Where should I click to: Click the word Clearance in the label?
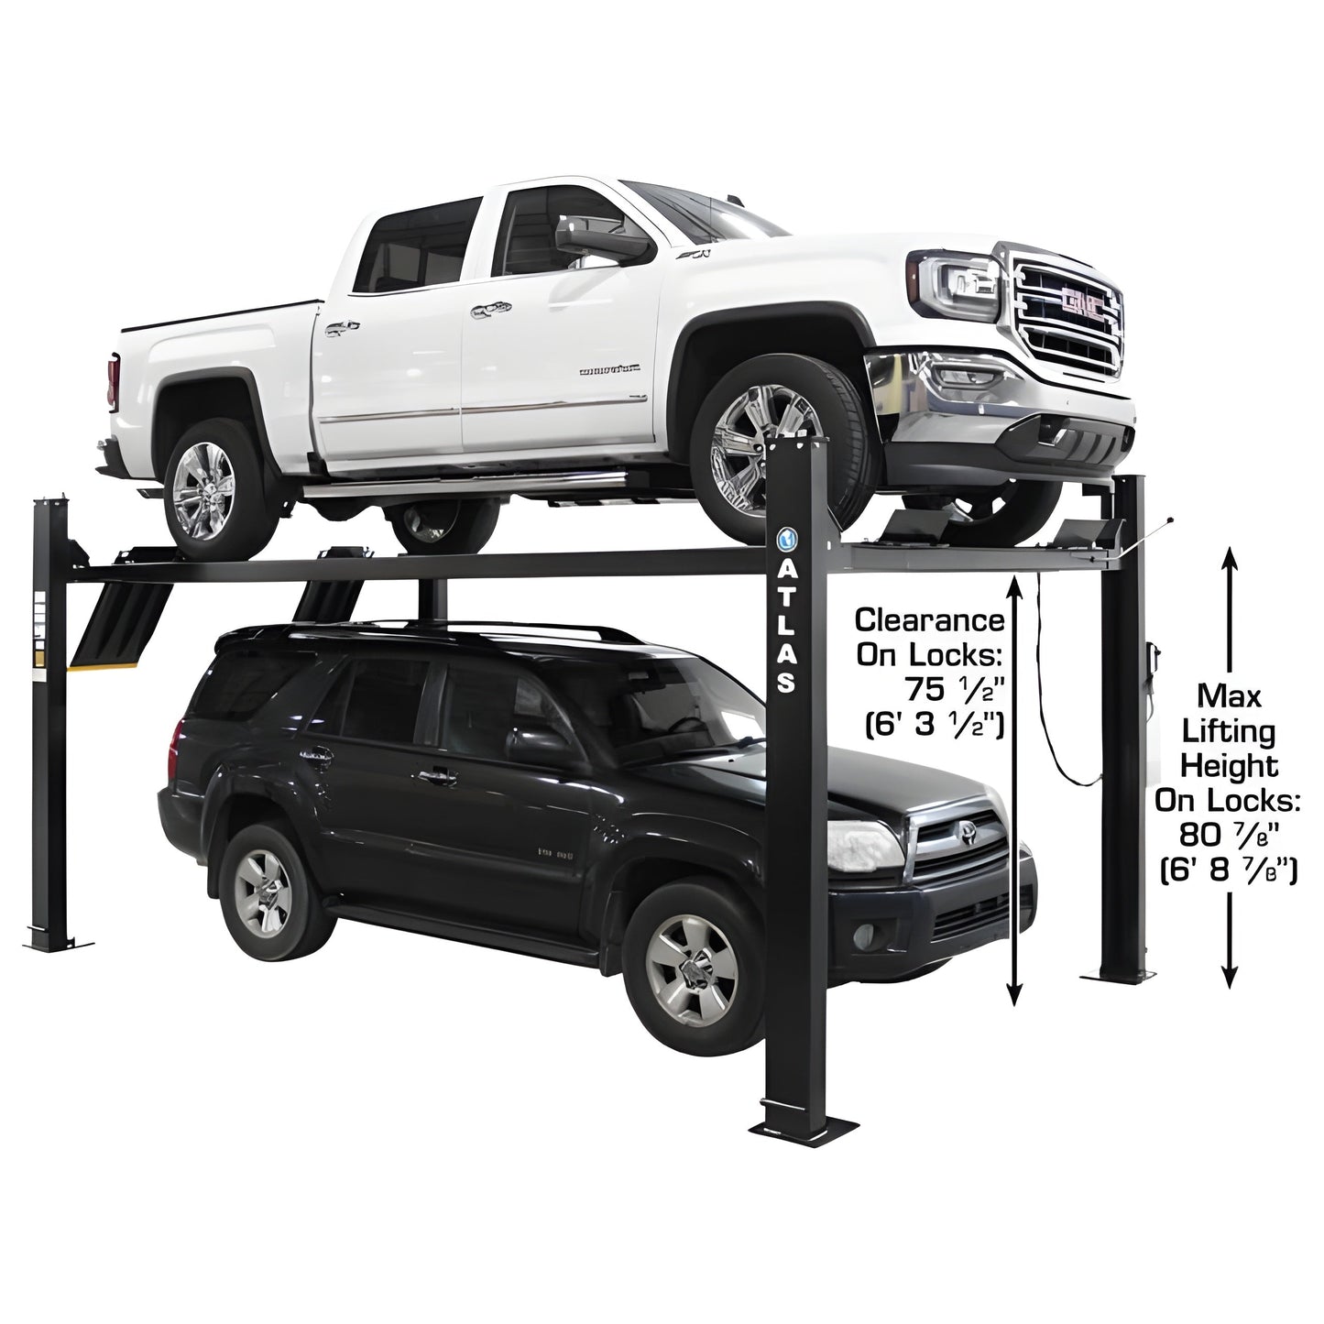(929, 620)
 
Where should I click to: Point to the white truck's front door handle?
(483, 312)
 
